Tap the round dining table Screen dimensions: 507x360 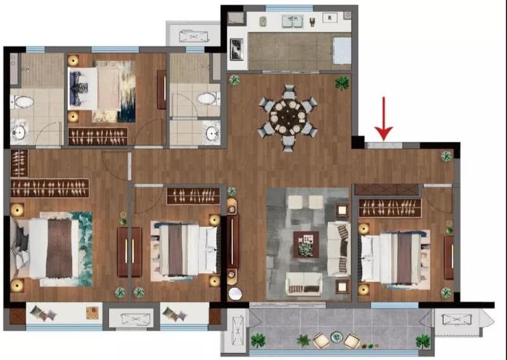pyautogui.click(x=288, y=118)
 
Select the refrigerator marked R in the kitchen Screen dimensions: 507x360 pyautogui.click(x=330, y=18)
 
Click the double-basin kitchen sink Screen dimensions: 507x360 pyautogui.click(x=292, y=22)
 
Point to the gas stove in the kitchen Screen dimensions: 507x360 pyautogui.click(x=236, y=49)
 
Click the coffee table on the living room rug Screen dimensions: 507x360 pyautogui.click(x=306, y=245)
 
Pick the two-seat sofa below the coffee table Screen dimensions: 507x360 pyautogui.click(x=304, y=284)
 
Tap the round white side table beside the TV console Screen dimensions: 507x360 pyautogui.click(x=235, y=293)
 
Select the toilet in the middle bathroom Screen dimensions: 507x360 pyautogui.click(x=208, y=98)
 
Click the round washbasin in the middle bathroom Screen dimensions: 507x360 pyautogui.click(x=212, y=132)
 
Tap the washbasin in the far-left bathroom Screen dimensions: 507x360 pyautogui.click(x=19, y=132)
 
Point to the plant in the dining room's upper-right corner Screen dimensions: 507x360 pyautogui.click(x=342, y=83)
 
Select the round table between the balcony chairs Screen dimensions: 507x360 pyautogui.click(x=337, y=337)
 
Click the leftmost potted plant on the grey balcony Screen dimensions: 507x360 pyautogui.click(x=258, y=340)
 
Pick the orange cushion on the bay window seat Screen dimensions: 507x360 pyautogui.click(x=93, y=312)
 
